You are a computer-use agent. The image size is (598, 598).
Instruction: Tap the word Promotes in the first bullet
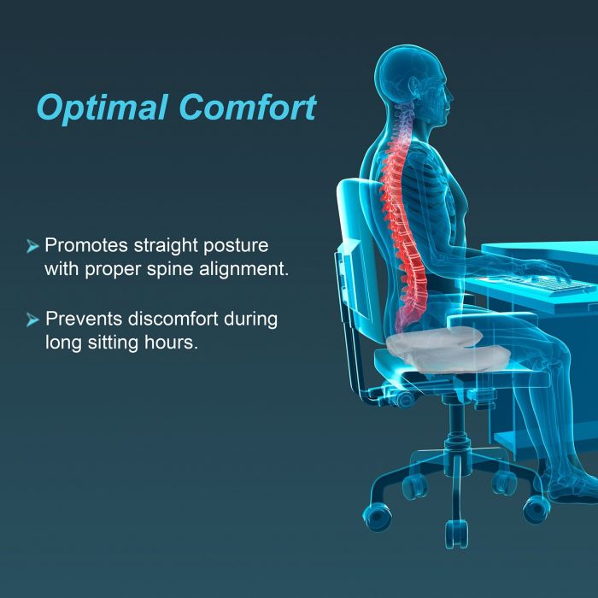tap(85, 246)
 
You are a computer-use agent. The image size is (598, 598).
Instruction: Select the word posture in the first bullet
tap(236, 246)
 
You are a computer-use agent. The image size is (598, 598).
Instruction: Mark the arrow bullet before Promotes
tap(32, 247)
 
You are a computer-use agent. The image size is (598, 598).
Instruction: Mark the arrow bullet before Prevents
tap(32, 321)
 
